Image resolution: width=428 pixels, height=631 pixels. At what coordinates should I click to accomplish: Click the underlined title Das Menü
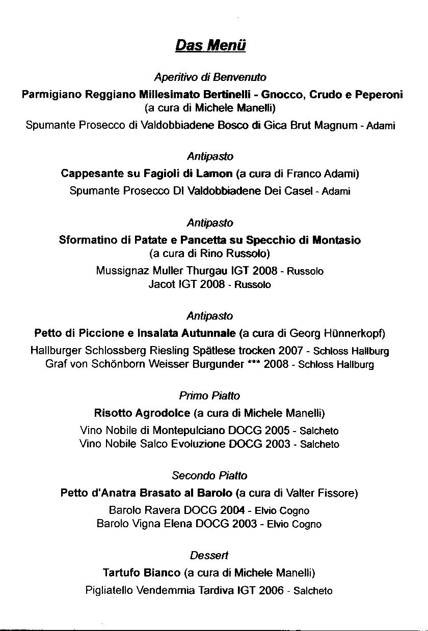pyautogui.click(x=210, y=46)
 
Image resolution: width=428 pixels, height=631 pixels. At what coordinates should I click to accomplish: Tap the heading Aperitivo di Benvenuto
pyautogui.click(x=210, y=77)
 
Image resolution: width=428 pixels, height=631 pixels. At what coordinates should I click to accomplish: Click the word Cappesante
pyautogui.click(x=91, y=174)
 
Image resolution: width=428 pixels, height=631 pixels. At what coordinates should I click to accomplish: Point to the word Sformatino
pyautogui.click(x=88, y=240)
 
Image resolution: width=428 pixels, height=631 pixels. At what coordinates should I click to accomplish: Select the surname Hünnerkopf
pyautogui.click(x=353, y=333)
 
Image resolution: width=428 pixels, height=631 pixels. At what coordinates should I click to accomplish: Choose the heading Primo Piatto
pyautogui.click(x=209, y=395)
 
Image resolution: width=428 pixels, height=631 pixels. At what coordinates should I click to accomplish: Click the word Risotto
pyautogui.click(x=114, y=413)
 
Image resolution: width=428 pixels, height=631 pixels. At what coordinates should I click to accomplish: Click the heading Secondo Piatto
pyautogui.click(x=209, y=475)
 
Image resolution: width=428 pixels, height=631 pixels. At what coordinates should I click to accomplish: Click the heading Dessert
pyautogui.click(x=209, y=555)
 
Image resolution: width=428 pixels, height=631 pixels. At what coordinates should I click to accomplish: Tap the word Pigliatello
pyautogui.click(x=110, y=590)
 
